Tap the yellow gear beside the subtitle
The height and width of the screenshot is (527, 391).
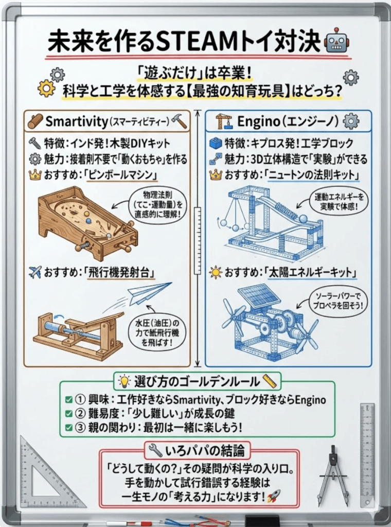click(x=46, y=90)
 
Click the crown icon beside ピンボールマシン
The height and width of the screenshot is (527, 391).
click(x=35, y=175)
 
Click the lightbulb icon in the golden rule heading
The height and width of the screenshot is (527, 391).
click(x=123, y=381)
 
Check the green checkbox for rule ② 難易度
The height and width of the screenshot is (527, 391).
click(x=68, y=413)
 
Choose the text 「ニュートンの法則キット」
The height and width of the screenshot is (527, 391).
click(x=314, y=174)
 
